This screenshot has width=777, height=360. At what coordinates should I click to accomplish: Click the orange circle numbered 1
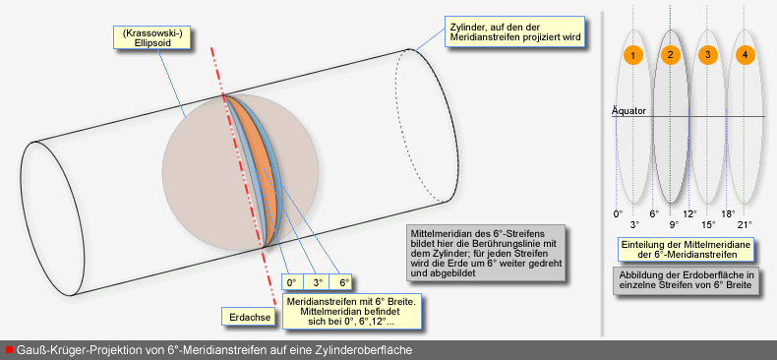632,55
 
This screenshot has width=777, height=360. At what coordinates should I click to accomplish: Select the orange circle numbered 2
670,55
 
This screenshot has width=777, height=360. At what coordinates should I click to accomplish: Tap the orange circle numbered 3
707,55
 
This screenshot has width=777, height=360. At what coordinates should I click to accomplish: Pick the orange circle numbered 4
746,55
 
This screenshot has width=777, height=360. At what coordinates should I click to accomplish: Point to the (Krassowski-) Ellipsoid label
152,37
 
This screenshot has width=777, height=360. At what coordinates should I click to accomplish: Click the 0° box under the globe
291,282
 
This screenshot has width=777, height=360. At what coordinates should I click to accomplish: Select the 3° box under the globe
317,282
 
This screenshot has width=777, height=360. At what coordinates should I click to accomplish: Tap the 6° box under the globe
343,282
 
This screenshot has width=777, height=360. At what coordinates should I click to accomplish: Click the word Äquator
628,111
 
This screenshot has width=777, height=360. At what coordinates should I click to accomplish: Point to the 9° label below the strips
674,224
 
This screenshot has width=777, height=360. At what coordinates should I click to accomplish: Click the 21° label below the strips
745,224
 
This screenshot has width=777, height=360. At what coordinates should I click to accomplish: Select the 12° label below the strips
689,213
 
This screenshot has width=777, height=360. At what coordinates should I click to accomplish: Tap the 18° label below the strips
728,213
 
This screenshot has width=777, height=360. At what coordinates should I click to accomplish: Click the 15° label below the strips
708,224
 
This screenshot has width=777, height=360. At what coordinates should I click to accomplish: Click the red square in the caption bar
10,349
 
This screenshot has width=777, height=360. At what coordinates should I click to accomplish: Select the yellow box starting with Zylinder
515,32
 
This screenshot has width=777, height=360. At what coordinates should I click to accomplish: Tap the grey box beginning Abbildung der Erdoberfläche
687,280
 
